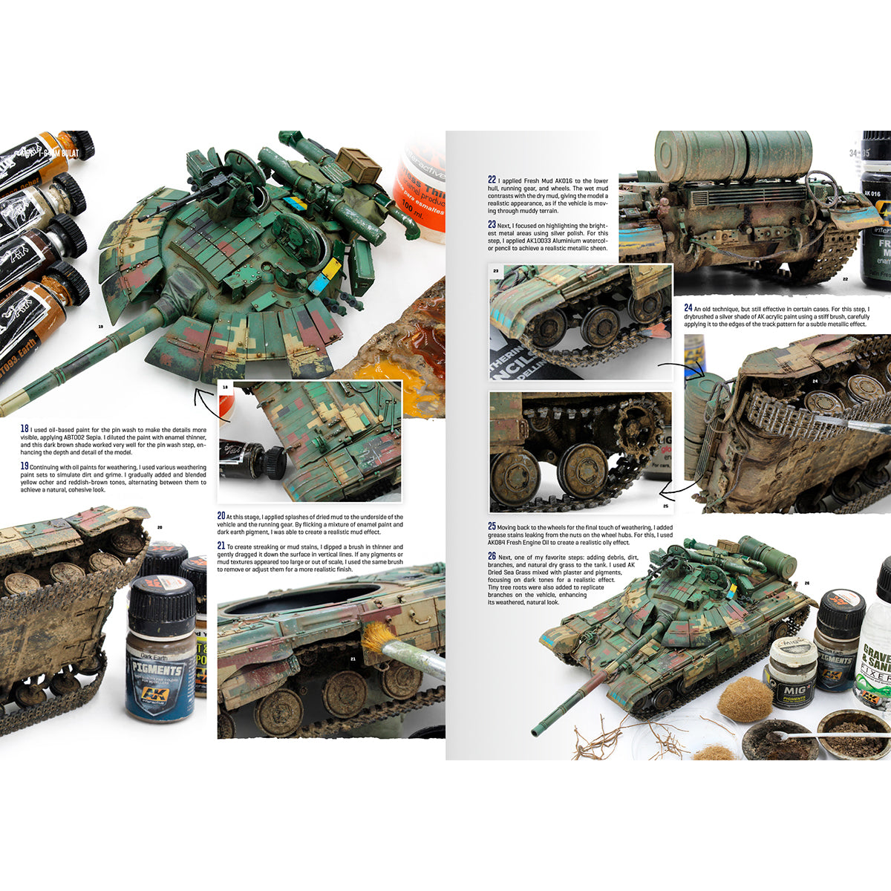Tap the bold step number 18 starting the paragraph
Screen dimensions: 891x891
point(25,428)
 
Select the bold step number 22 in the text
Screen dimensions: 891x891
point(492,179)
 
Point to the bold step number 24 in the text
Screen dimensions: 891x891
point(688,307)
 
